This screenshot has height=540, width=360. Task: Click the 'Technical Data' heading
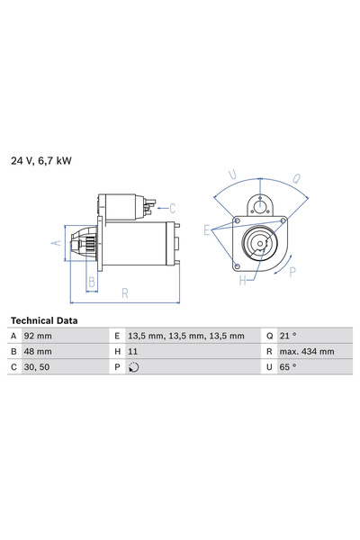tap(44, 320)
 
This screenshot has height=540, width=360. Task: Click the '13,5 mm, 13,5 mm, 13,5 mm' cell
tap(185, 336)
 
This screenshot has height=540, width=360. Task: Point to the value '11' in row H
tap(132, 352)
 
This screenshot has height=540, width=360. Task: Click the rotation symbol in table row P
tap(134, 367)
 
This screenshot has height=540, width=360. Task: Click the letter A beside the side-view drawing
tap(53, 242)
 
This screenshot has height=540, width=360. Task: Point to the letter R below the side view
tap(125, 292)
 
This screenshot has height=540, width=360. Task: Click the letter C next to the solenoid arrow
tap(172, 209)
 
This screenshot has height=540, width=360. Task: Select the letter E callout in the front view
tap(207, 230)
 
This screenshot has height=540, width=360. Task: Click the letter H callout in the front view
tap(242, 280)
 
